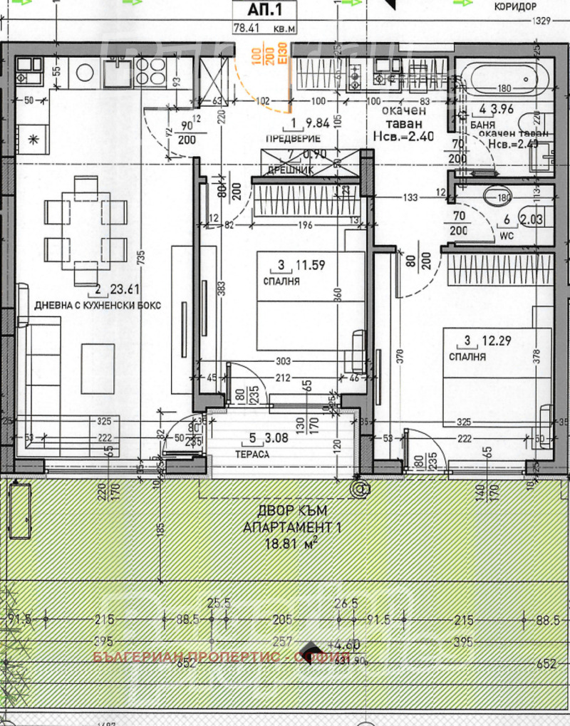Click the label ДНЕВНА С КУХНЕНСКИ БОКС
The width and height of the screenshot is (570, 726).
click(x=98, y=305)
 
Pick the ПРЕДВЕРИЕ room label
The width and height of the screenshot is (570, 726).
click(x=291, y=138)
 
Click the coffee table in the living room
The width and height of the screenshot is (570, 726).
click(x=98, y=368)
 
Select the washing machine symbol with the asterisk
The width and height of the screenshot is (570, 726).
click(x=31, y=139)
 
